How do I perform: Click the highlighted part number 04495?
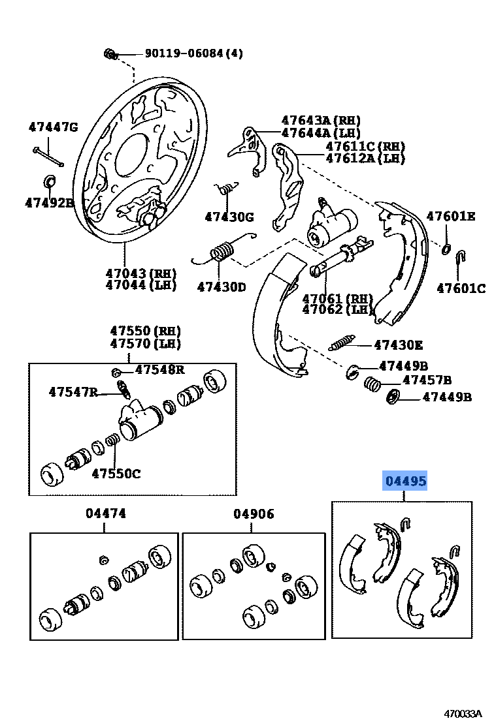tap(405, 482)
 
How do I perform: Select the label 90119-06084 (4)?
tap(184, 54)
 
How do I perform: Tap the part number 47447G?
tap(53, 127)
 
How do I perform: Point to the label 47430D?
tap(222, 286)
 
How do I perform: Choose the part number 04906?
tap(254, 514)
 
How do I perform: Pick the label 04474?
tap(105, 514)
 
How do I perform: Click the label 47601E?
tap(451, 216)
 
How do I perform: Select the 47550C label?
tap(116, 474)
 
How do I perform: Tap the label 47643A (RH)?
tap(320, 121)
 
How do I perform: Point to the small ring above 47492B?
tap(49, 179)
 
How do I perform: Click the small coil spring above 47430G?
tap(224, 189)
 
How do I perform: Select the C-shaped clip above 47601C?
tap(460, 256)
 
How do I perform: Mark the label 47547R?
tap(73, 392)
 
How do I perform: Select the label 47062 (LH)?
tap(336, 309)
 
